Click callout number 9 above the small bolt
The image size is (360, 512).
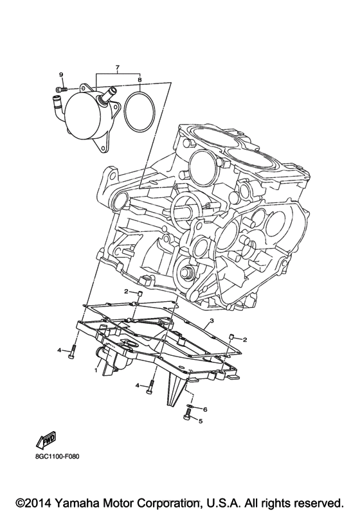pos(61,75)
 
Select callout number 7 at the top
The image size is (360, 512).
pos(118,67)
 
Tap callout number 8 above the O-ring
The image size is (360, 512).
pos(139,80)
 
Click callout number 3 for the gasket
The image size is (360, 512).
pos(212,321)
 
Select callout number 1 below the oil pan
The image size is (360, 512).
pos(96,370)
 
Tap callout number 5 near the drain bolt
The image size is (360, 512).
pos(201,421)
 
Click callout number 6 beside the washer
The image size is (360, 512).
pos(205,409)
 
